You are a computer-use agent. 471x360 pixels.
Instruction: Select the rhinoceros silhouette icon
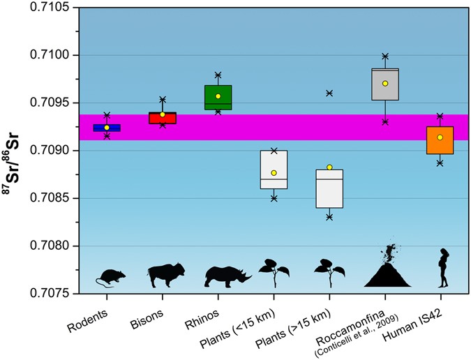tap(227, 276)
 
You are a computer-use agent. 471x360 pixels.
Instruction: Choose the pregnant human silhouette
tap(441, 268)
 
